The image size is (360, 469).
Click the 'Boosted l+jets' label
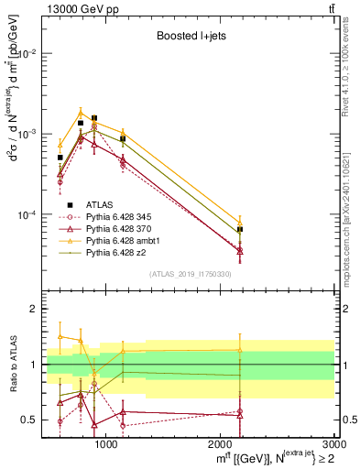click(x=190, y=37)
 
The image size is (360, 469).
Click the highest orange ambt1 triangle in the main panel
click(x=81, y=112)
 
